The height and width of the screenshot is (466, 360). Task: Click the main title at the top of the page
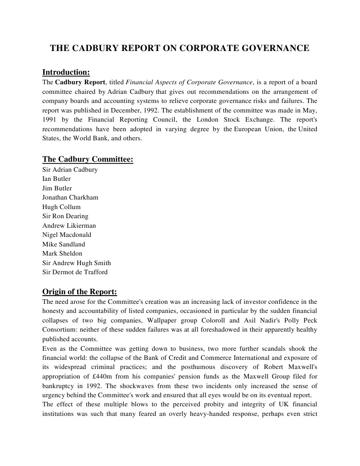tap(179, 48)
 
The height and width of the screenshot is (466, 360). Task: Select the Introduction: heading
tap(66, 72)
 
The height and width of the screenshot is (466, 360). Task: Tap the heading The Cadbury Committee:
tap(87, 159)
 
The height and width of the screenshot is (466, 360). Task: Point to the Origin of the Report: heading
tap(80, 292)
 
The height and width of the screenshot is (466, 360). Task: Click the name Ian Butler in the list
tap(56, 179)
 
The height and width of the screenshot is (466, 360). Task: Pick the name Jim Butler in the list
tap(57, 188)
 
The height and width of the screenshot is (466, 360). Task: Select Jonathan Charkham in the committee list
tap(70, 197)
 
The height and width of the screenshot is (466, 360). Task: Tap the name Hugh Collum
tap(61, 207)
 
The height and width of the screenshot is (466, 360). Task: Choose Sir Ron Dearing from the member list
tap(65, 216)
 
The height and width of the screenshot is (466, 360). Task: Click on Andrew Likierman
tap(69, 225)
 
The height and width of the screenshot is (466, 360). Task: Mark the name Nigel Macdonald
tap(66, 235)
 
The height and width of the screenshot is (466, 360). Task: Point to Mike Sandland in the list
tap(63, 244)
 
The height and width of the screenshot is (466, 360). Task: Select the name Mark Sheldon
tap(62, 253)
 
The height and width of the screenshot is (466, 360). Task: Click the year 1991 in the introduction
tap(50, 120)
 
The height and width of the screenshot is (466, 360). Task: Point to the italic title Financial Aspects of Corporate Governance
tap(189, 82)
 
